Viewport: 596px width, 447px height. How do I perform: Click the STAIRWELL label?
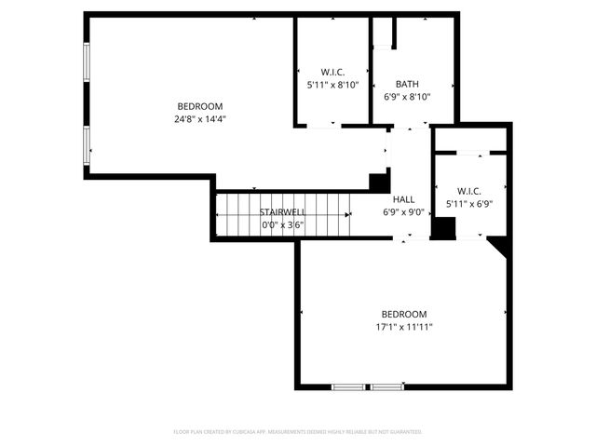click(x=282, y=212)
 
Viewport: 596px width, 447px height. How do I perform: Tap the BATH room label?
click(x=407, y=83)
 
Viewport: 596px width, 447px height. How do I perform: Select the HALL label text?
click(x=404, y=199)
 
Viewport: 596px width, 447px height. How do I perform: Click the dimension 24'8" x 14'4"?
click(x=200, y=118)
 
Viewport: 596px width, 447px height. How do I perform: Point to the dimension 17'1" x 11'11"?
click(x=403, y=327)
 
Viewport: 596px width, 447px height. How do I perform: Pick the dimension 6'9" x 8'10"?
click(x=407, y=96)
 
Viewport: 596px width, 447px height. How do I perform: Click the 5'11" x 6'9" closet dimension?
click(x=469, y=204)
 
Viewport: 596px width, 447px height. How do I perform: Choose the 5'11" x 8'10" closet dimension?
click(x=332, y=85)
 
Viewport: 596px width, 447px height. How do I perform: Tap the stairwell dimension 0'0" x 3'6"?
click(x=282, y=224)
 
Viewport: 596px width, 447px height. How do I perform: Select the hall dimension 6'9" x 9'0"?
click(x=404, y=211)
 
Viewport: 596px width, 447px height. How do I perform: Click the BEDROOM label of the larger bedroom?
click(x=200, y=105)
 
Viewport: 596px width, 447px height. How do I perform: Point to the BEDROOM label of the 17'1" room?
click(x=403, y=314)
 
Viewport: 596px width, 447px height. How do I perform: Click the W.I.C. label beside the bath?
click(x=332, y=72)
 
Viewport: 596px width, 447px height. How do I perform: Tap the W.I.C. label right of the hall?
click(x=469, y=191)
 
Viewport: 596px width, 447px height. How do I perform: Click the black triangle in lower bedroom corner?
click(x=500, y=245)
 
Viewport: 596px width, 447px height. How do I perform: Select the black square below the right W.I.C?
click(x=444, y=228)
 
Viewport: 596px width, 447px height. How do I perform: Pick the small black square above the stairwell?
click(x=378, y=183)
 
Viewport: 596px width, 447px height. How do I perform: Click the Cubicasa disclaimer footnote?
click(x=298, y=432)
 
